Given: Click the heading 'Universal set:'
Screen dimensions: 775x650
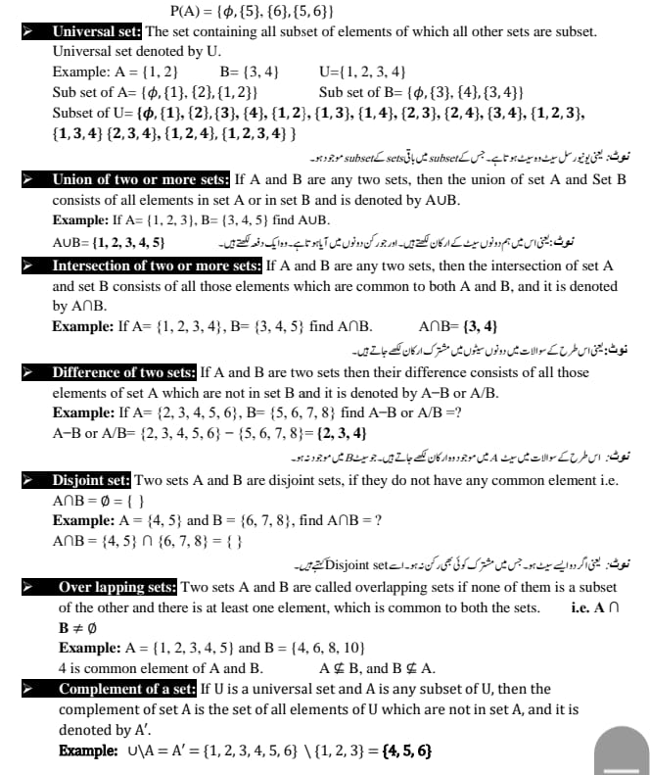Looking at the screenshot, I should pyautogui.click(x=97, y=31).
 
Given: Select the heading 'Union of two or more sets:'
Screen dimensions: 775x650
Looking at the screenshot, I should pyautogui.click(x=142, y=180).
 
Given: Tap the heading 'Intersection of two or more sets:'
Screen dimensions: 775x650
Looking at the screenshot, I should pyautogui.click(x=157, y=266).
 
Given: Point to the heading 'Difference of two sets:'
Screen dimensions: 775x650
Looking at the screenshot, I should pyautogui.click(x=124, y=373).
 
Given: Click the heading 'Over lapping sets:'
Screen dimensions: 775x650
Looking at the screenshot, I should pyautogui.click(x=117, y=587).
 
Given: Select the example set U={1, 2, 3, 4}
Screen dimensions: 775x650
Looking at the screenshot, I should pyautogui.click(x=363, y=72).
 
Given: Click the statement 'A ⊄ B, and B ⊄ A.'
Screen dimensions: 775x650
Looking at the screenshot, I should pyautogui.click(x=378, y=668).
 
